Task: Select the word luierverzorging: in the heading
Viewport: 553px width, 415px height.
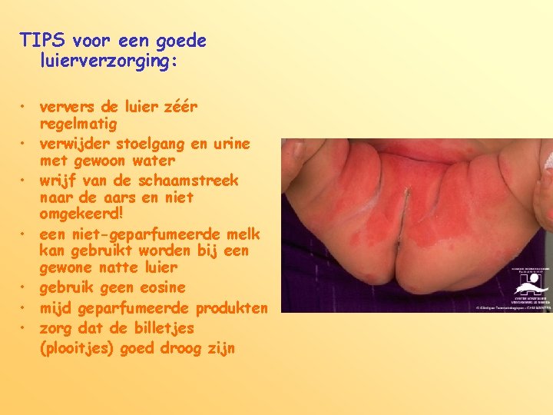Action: (x=108, y=60)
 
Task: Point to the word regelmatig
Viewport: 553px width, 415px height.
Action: (x=78, y=124)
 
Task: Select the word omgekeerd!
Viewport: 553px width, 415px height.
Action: (x=81, y=214)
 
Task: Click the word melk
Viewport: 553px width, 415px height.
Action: (x=244, y=234)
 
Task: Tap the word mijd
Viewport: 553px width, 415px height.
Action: (x=55, y=308)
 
